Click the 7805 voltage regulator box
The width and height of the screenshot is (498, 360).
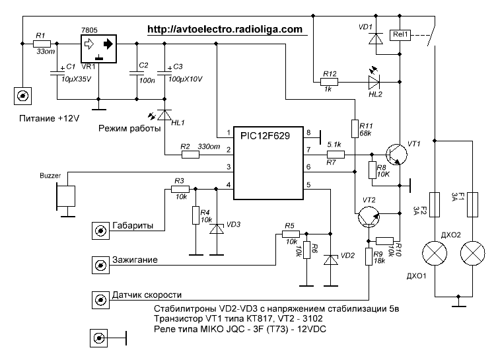click(x=98, y=49)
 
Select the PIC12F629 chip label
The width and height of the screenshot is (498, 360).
click(x=265, y=136)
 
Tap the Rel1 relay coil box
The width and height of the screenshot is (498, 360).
click(x=400, y=35)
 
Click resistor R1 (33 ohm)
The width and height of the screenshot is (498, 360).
click(x=42, y=44)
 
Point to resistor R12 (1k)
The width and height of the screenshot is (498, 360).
click(x=329, y=82)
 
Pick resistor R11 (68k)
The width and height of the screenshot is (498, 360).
click(x=355, y=129)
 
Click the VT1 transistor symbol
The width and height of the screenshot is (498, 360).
click(x=396, y=155)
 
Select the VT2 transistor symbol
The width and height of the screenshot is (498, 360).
click(x=369, y=217)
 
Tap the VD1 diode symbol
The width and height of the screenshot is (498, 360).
click(x=376, y=39)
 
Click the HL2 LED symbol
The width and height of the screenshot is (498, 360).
click(x=374, y=82)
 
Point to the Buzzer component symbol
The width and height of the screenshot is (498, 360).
click(x=66, y=196)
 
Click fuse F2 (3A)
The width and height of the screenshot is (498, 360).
click(x=435, y=205)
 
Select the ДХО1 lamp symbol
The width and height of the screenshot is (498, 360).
click(x=435, y=253)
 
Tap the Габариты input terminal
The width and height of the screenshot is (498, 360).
click(x=100, y=231)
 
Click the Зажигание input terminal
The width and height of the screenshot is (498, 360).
click(x=100, y=265)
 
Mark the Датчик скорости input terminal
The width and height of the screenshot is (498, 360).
click(x=100, y=300)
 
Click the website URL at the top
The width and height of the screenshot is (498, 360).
click(x=225, y=30)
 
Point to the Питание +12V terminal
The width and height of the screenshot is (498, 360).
click(x=23, y=96)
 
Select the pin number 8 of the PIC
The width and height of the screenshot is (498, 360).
click(x=308, y=133)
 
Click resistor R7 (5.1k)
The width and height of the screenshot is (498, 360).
click(x=336, y=155)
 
